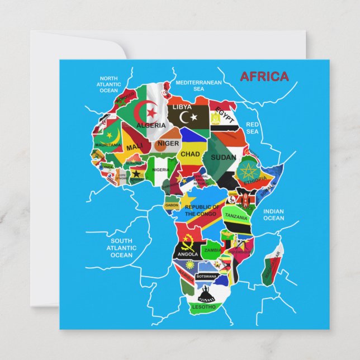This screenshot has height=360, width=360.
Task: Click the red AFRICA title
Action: tap(264, 77)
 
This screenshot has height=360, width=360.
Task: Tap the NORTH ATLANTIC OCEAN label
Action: tap(109, 84)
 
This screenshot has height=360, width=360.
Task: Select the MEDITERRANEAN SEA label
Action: tap(198, 85)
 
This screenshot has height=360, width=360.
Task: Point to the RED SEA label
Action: tap(253, 128)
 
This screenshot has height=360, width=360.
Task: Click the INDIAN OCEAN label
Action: tap(273, 215)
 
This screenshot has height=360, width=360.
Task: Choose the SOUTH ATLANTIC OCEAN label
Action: tap(121, 248)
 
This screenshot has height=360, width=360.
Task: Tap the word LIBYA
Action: tap(182, 107)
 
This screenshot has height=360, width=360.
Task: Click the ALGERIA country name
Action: tap(151, 125)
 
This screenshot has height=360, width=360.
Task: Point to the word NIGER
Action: tap(168, 143)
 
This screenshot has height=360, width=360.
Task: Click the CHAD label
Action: tap(190, 154)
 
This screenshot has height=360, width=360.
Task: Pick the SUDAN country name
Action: tap(223, 157)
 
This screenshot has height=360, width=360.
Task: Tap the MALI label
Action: tap(134, 147)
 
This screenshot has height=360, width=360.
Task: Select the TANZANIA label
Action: tap(236, 215)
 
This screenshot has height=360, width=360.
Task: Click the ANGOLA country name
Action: tap(188, 254)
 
